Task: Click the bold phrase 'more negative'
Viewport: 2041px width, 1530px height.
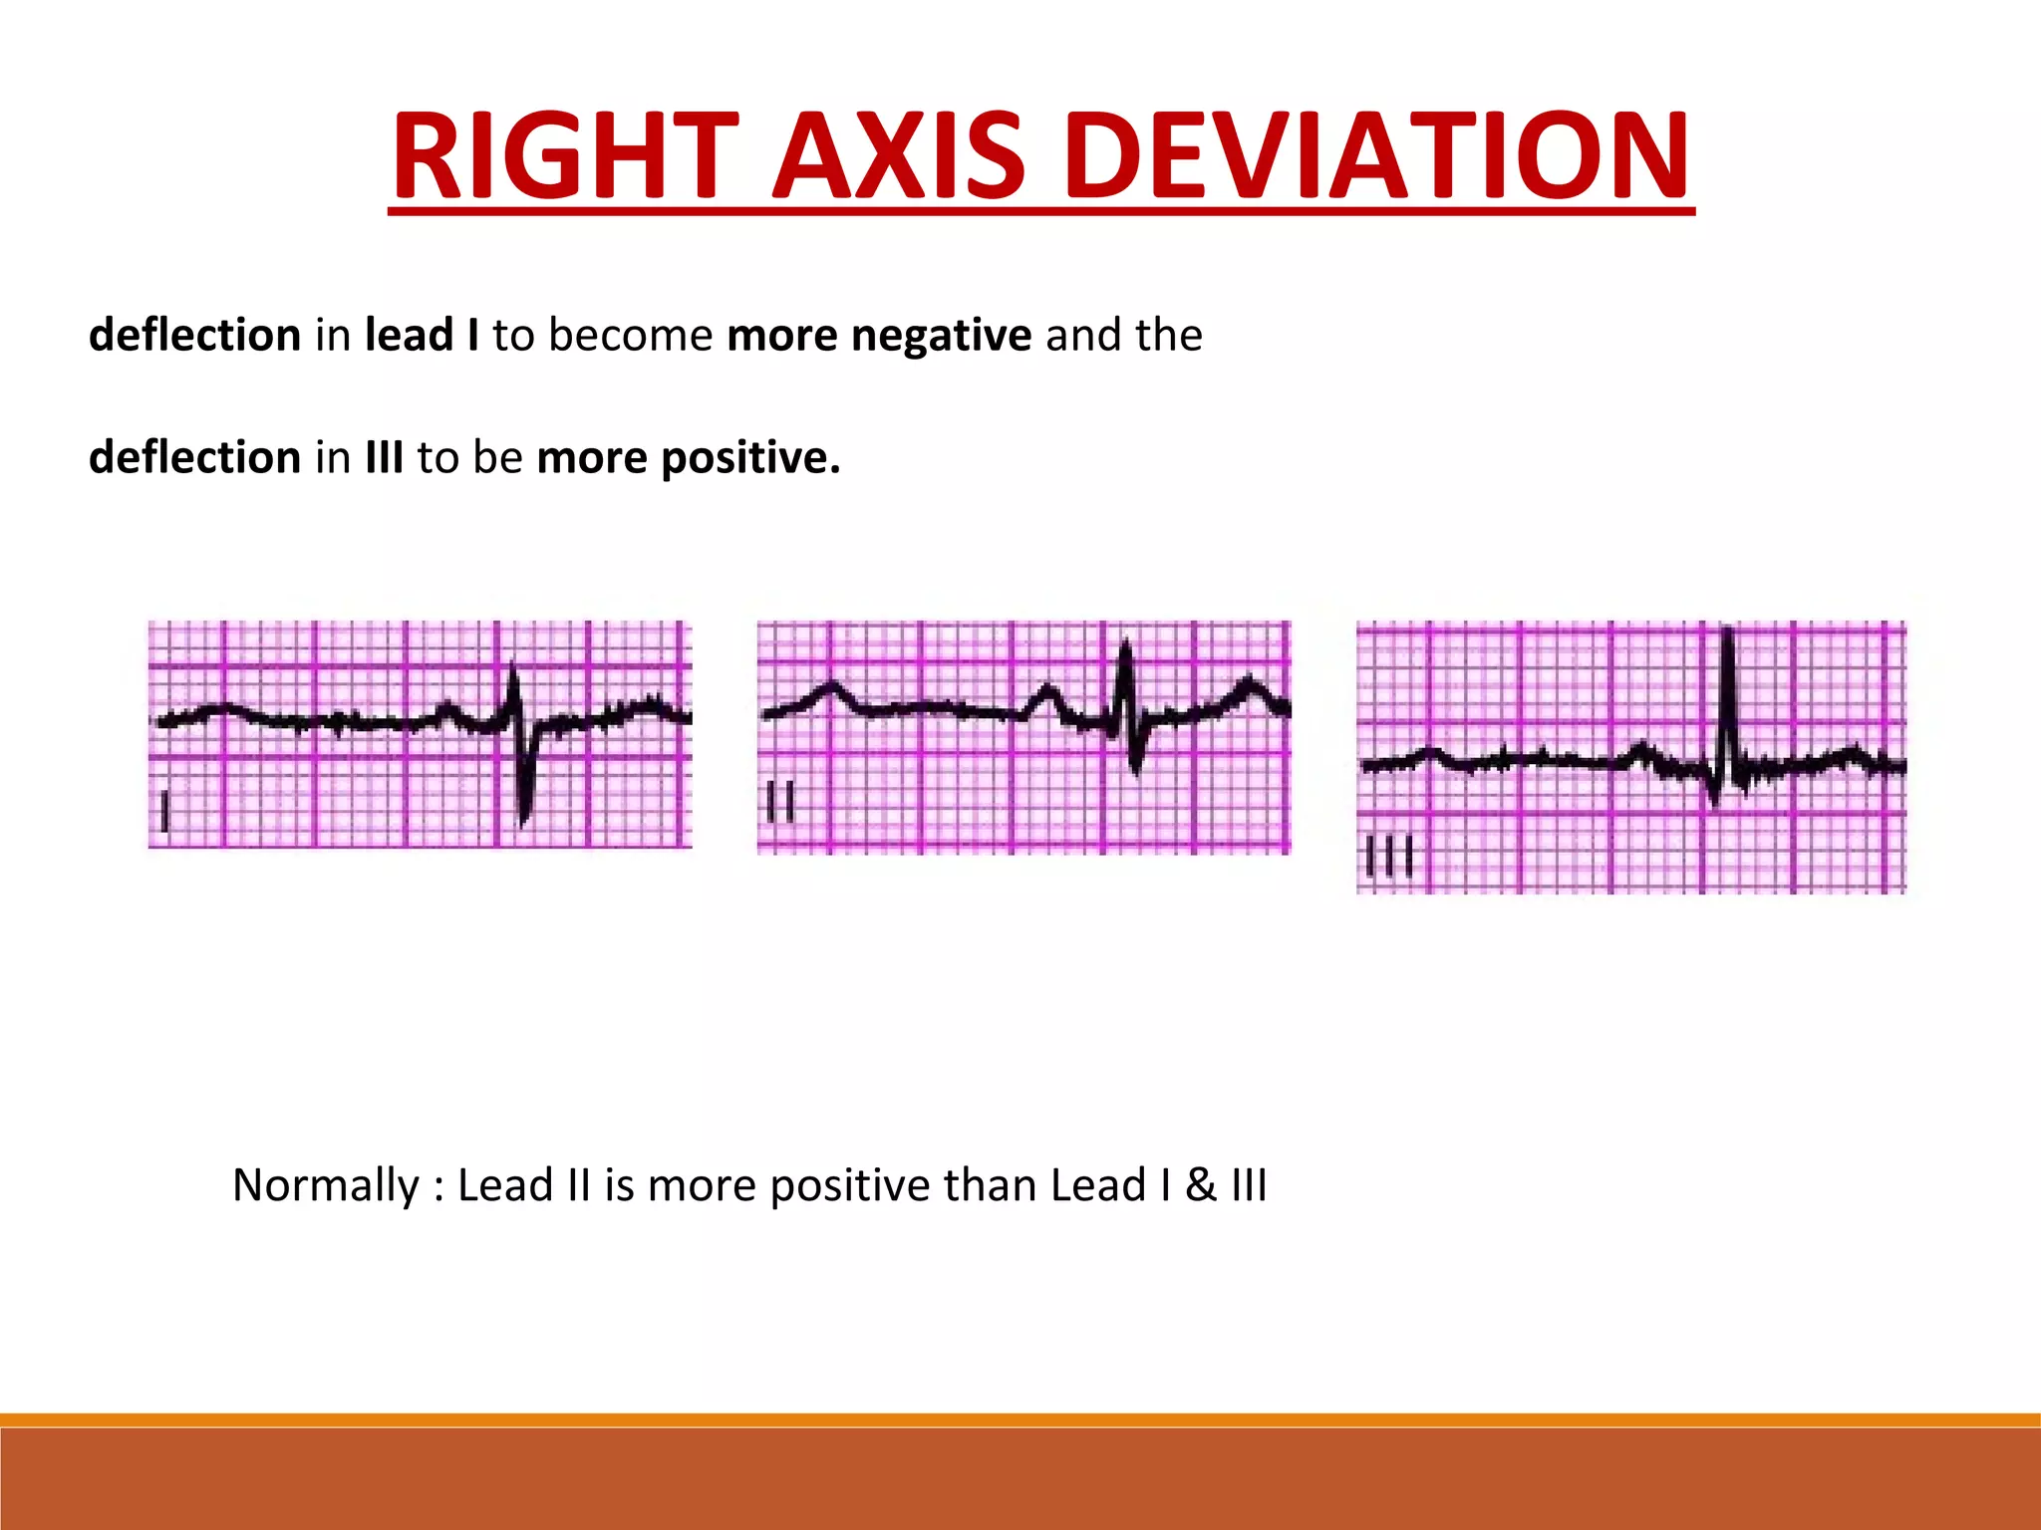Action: (x=878, y=335)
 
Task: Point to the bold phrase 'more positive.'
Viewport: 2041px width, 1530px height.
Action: (x=688, y=457)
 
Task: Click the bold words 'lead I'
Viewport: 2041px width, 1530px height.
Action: (x=421, y=335)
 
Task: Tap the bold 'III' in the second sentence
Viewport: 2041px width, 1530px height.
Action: (x=384, y=457)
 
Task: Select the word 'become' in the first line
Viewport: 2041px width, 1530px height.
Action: (x=630, y=335)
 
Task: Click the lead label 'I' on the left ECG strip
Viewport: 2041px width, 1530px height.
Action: (x=165, y=812)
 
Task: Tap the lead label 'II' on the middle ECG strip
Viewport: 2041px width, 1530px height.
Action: (x=780, y=802)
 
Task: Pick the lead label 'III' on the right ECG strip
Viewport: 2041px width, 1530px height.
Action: (x=1388, y=856)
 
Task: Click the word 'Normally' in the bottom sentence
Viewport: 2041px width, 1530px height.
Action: (x=325, y=1185)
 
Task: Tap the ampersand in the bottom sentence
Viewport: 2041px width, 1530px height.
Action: (x=1201, y=1185)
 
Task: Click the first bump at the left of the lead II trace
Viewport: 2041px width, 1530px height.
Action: (x=830, y=689)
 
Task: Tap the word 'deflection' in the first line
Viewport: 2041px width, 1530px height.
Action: (x=194, y=335)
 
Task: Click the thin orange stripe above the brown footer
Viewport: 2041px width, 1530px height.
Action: (x=1020, y=1419)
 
